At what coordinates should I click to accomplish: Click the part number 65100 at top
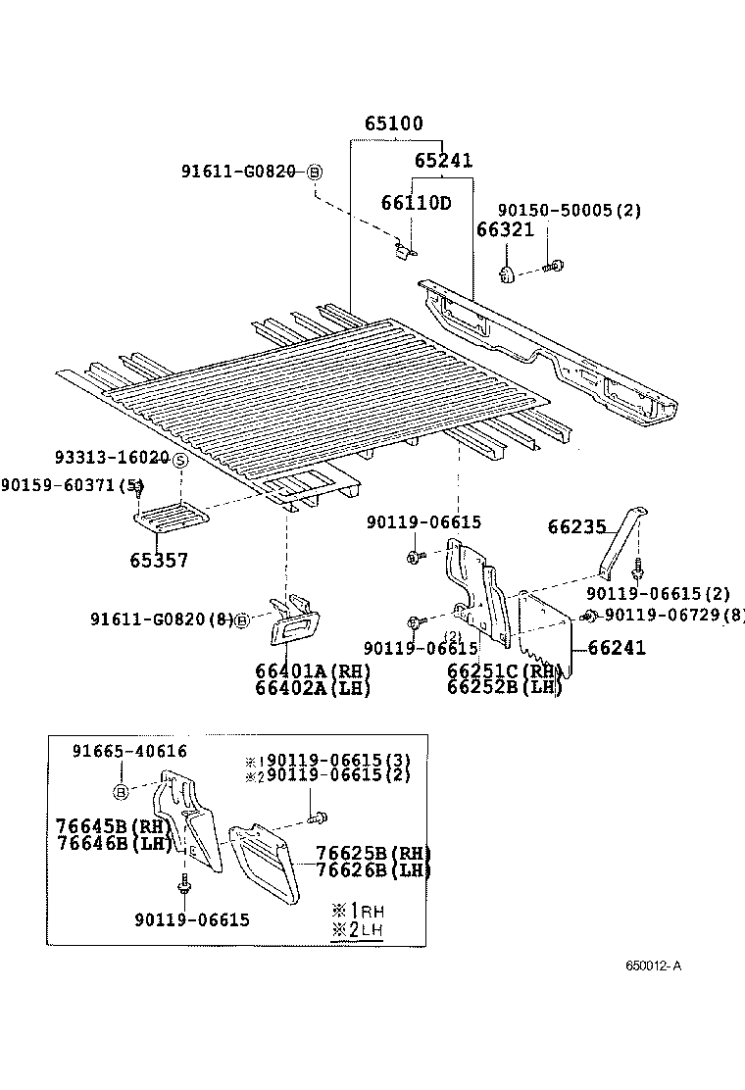click(x=394, y=124)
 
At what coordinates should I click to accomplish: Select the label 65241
click(x=443, y=161)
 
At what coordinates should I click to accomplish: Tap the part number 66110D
click(x=416, y=203)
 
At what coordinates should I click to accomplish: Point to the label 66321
click(x=505, y=229)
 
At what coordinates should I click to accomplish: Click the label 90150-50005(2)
click(x=569, y=210)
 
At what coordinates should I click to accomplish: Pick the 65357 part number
click(x=159, y=561)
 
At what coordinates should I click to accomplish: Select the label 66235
click(x=576, y=527)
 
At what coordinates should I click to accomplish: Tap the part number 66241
click(x=617, y=648)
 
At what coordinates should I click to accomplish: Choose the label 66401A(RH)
click(x=313, y=671)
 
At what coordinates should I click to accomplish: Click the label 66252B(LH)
click(x=505, y=687)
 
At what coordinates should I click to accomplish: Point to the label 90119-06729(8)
click(x=673, y=615)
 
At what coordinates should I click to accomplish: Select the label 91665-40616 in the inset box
click(x=129, y=751)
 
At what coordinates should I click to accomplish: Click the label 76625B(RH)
click(x=373, y=853)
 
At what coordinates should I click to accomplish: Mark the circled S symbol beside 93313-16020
click(x=181, y=460)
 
